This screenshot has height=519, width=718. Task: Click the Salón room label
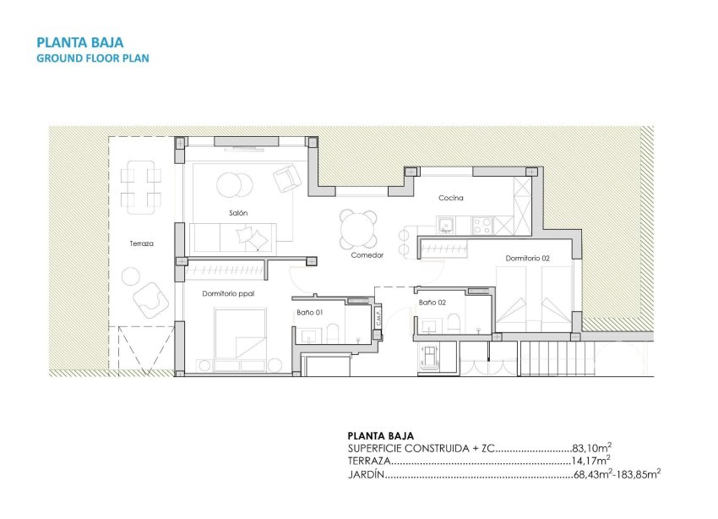pyautogui.click(x=237, y=213)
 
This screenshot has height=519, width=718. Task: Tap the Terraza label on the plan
pyautogui.click(x=141, y=243)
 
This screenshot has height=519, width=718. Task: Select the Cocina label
pyautogui.click(x=450, y=199)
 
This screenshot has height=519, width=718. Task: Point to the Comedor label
pyautogui.click(x=367, y=254)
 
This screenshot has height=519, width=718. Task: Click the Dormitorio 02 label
pyautogui.click(x=528, y=258)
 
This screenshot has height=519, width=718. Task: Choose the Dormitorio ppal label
pyautogui.click(x=228, y=293)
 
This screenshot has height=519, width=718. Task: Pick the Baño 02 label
pyautogui.click(x=432, y=302)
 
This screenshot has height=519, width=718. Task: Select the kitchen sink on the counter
pyautogui.click(x=446, y=225)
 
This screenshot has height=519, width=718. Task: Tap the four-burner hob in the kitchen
pyautogui.click(x=483, y=225)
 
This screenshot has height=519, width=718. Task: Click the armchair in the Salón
pyautogui.click(x=286, y=178)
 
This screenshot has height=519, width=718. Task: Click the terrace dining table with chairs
pyautogui.click(x=141, y=188)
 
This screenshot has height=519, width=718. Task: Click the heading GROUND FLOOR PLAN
pyautogui.click(x=93, y=58)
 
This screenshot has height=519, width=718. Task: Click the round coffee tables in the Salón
pyautogui.click(x=233, y=183)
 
